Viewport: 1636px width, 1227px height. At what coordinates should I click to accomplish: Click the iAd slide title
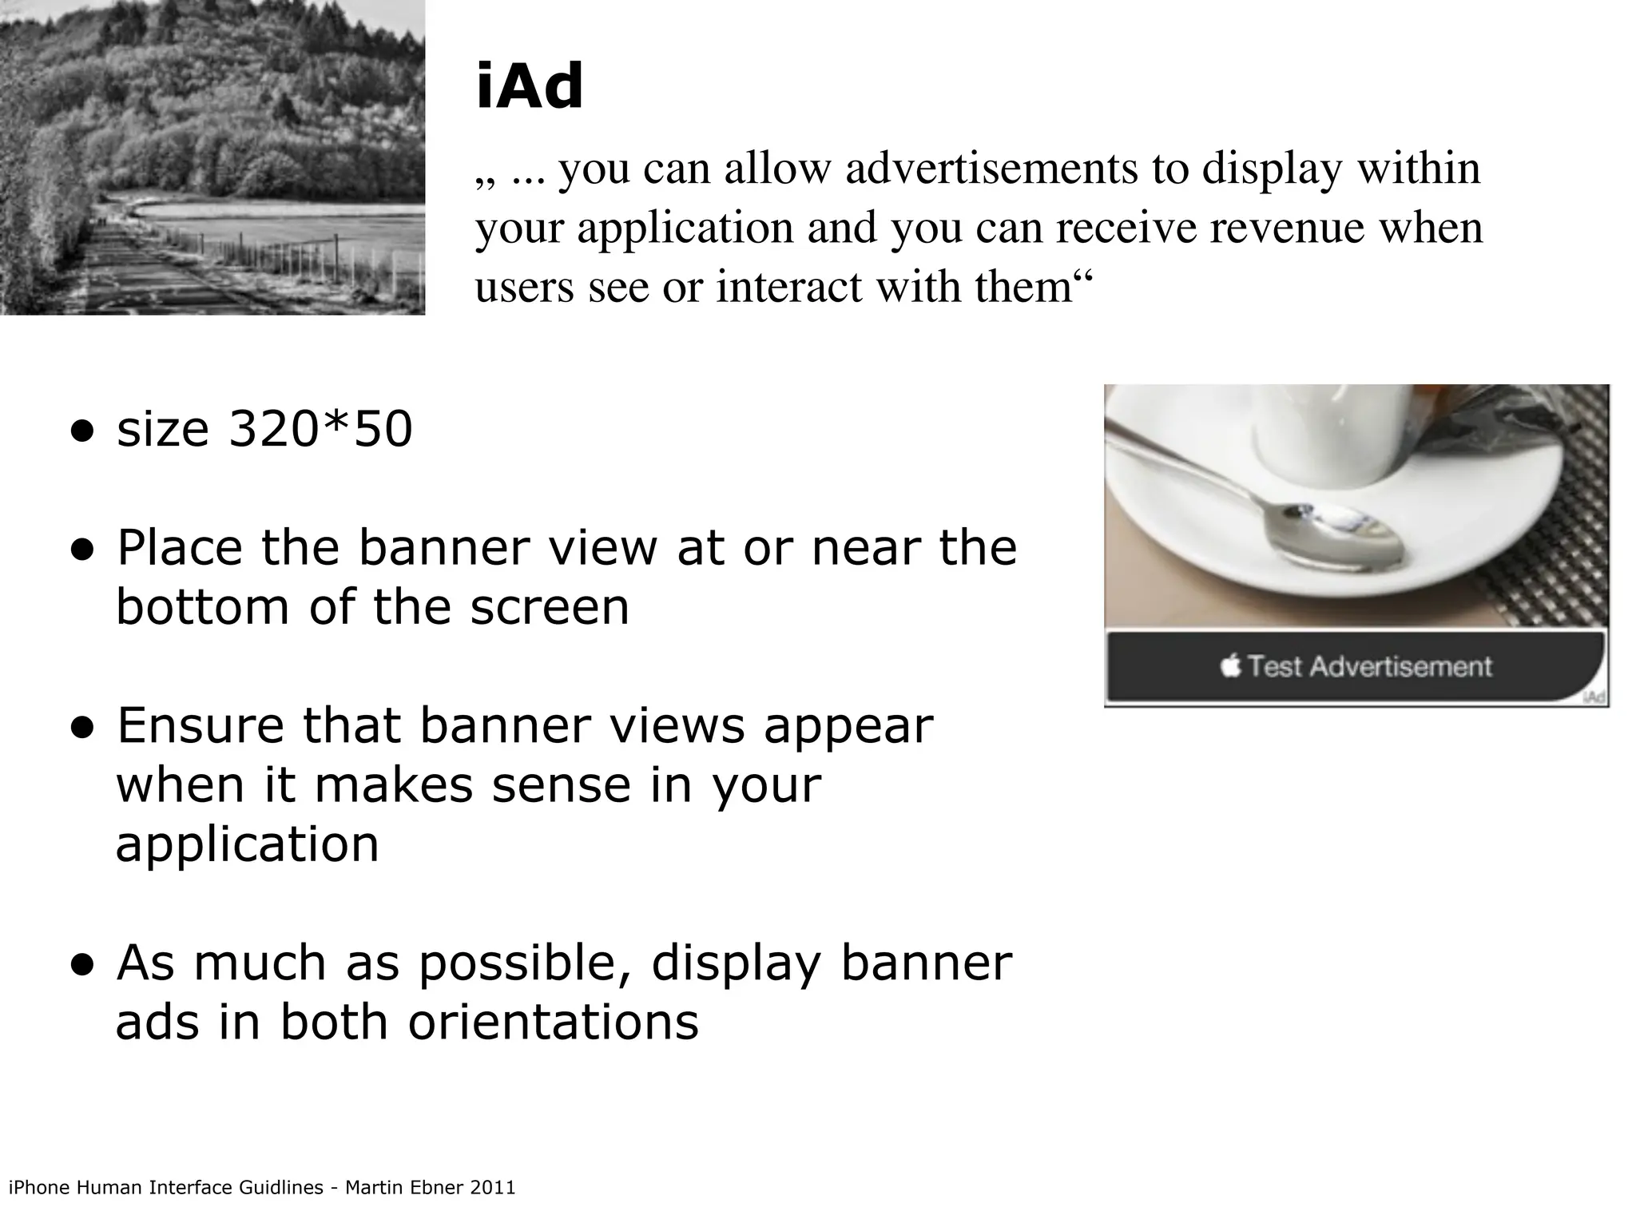point(530,87)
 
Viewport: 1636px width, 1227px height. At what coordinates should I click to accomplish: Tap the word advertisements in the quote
point(991,169)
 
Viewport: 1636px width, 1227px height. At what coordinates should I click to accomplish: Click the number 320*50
point(320,429)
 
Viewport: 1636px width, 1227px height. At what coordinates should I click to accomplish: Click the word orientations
point(553,1022)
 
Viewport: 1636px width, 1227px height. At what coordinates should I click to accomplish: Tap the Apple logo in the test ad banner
point(1231,665)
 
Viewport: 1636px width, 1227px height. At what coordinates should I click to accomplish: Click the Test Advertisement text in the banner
point(1369,666)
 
